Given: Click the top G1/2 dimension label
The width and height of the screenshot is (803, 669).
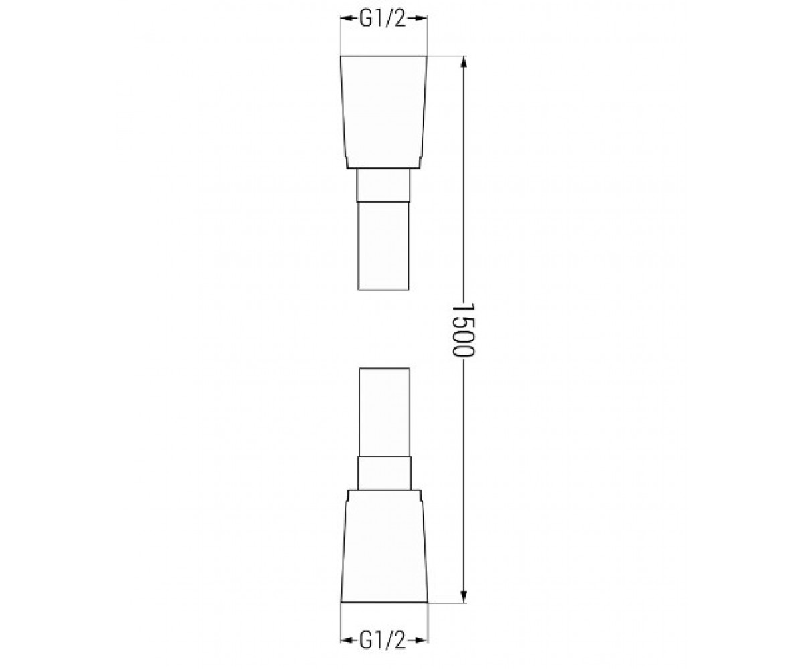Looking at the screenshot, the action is tap(383, 19).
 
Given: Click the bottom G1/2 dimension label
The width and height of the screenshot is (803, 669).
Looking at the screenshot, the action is tap(383, 640).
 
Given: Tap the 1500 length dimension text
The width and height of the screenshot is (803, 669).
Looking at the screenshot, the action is tap(464, 330).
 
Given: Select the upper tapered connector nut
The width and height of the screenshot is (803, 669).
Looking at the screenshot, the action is tap(384, 112).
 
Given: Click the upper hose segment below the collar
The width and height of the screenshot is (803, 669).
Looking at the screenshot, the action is tap(383, 246).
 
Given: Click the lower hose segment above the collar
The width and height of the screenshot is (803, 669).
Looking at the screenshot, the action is tap(384, 412).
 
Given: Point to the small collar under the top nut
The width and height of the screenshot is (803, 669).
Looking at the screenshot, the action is tap(383, 185).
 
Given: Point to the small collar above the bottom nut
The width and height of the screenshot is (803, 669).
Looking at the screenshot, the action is tap(384, 473).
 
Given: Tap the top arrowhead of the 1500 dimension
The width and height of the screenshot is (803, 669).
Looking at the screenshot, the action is tap(464, 62).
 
